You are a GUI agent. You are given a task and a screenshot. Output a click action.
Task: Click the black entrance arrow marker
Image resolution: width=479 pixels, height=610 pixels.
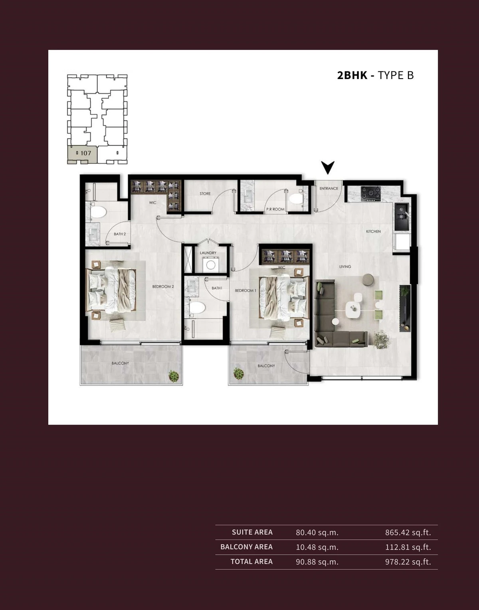click(x=328, y=167)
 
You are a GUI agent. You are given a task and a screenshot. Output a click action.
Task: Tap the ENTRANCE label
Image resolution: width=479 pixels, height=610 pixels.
click(x=329, y=188)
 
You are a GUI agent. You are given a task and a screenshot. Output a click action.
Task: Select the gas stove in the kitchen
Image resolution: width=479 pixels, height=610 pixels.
click(x=370, y=194)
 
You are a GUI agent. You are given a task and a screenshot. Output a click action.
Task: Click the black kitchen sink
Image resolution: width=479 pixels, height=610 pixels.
click(x=402, y=217)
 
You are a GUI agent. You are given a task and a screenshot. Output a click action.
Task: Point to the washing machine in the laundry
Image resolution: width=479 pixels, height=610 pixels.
click(x=211, y=265)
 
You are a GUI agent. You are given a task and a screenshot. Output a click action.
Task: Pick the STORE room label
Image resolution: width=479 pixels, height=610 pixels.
click(x=205, y=194)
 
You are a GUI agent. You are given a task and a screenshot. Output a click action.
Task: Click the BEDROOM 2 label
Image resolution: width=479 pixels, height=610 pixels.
click(x=163, y=286)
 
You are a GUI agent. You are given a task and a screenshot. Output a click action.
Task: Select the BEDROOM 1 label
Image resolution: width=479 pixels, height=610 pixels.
click(x=245, y=290)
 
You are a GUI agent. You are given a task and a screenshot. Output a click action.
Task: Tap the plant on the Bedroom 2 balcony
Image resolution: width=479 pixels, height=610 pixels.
click(x=174, y=376)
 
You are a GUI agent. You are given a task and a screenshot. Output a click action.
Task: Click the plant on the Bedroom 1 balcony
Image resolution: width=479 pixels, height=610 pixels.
click(x=238, y=374)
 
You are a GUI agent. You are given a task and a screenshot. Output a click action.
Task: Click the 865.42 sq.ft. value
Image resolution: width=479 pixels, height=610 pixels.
click(x=408, y=533)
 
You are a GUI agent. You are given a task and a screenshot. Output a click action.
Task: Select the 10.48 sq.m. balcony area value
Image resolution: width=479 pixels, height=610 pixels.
click(x=317, y=547)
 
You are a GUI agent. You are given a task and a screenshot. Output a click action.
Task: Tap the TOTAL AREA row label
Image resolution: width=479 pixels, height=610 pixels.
click(x=251, y=562)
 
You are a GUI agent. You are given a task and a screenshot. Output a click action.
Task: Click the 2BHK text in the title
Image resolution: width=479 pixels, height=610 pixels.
click(x=352, y=75)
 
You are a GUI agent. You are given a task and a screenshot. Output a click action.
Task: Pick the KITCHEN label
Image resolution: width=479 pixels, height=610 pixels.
click(x=374, y=231)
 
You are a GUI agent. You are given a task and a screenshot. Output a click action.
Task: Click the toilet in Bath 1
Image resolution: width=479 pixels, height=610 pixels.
click(x=197, y=308)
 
